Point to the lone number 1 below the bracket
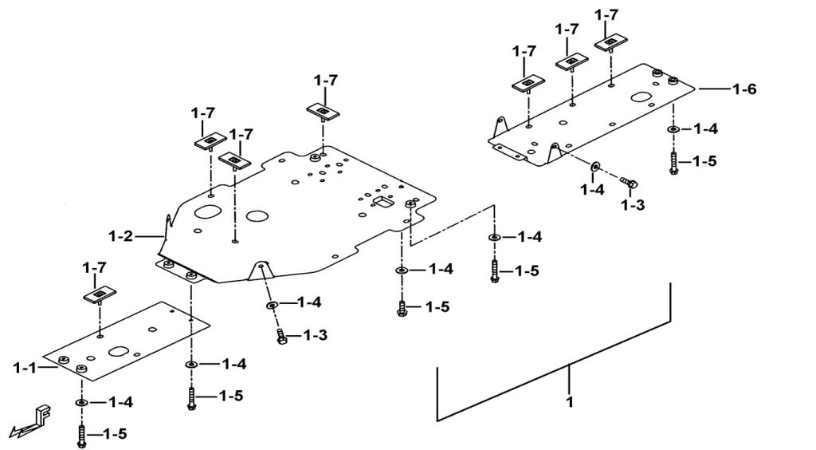click(569, 402)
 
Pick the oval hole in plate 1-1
click(120, 350)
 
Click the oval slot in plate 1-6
click(643, 99)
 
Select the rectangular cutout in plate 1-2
click(382, 203)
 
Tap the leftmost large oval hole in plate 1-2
click(206, 214)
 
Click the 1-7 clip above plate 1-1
click(99, 296)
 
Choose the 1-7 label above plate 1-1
click(96, 268)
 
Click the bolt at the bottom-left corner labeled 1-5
click(81, 436)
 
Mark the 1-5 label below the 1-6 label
click(704, 161)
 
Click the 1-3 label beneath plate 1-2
click(316, 336)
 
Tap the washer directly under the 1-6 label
click(673, 129)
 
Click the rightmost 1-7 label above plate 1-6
click(606, 14)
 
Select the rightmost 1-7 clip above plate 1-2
click(322, 109)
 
